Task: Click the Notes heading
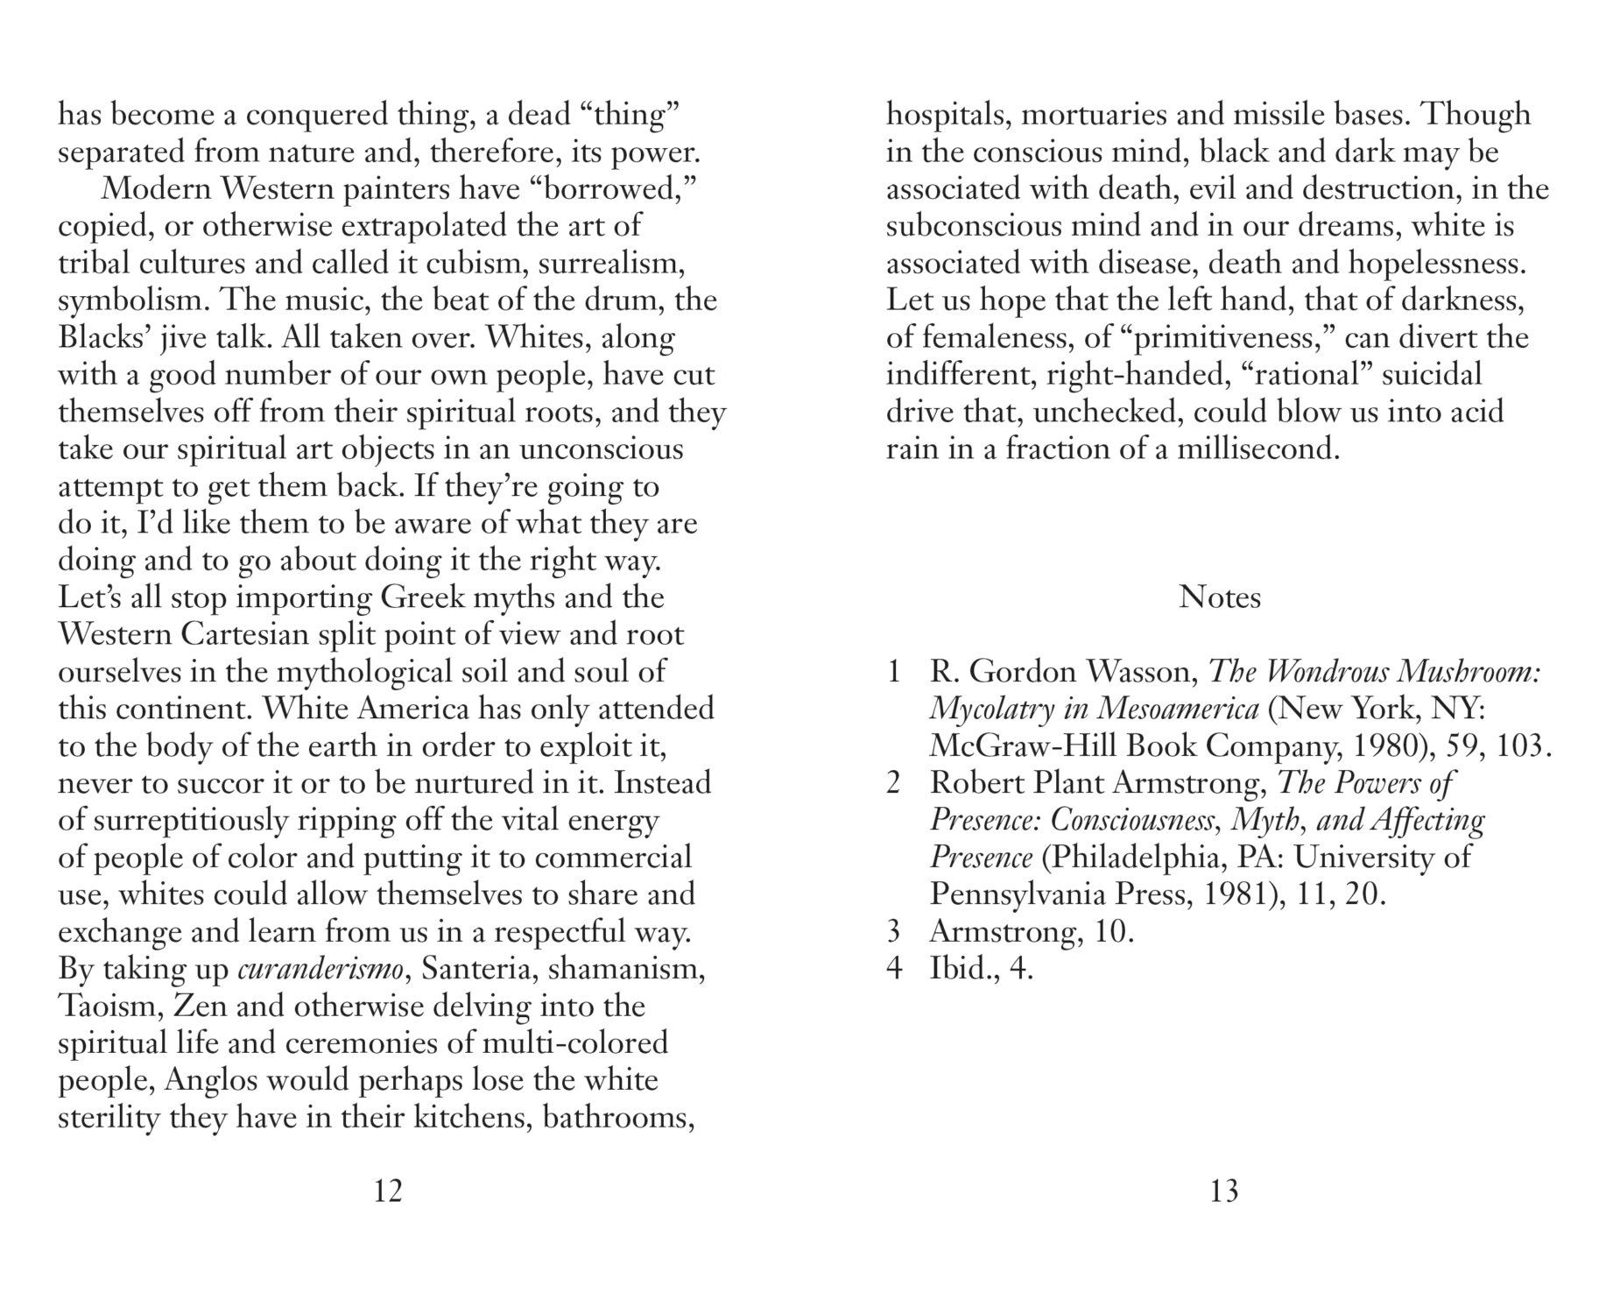1219,597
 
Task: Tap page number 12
387,1191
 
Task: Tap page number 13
1223,1191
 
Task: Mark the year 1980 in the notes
1390,746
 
